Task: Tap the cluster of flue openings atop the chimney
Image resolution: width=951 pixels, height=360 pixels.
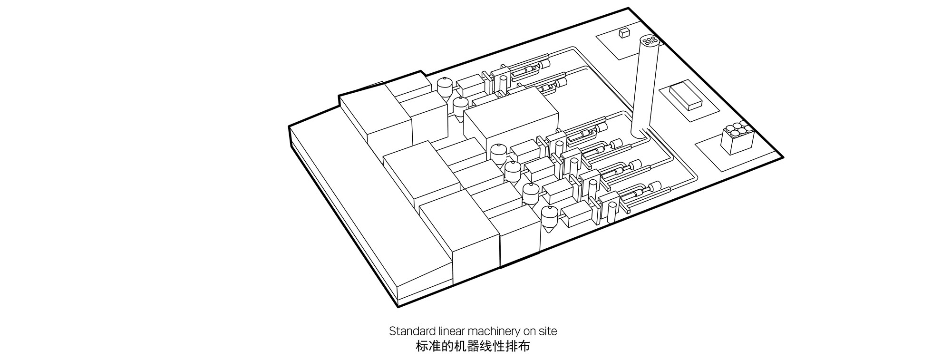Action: click(x=650, y=41)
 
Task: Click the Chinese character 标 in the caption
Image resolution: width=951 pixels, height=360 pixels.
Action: click(x=421, y=347)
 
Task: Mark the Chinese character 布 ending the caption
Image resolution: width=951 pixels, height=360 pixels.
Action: click(x=524, y=347)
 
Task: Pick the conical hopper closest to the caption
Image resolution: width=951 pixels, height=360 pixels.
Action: click(x=548, y=220)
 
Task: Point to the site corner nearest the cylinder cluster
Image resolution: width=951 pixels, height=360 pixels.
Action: click(x=782, y=157)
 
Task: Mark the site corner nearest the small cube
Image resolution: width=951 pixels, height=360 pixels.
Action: click(x=629, y=8)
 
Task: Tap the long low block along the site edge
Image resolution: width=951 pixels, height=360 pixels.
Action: click(x=347, y=216)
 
